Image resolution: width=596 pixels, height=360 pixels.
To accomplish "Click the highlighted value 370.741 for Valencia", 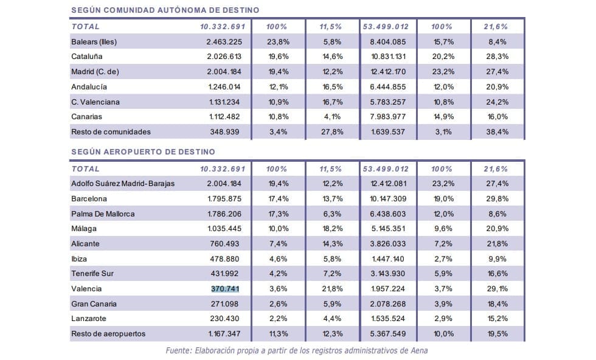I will click(x=225, y=289).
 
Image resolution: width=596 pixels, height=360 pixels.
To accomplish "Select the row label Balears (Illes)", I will click(x=94, y=42).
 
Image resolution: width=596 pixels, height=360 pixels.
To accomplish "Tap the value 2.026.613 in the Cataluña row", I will click(x=225, y=57).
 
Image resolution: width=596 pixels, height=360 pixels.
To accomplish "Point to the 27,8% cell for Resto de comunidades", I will click(x=331, y=131).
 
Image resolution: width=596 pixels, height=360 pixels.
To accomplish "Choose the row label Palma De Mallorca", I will click(x=103, y=214).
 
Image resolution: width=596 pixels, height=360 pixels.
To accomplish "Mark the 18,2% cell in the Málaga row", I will click(x=331, y=229).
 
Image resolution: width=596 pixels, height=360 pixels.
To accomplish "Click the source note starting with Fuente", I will click(x=297, y=351).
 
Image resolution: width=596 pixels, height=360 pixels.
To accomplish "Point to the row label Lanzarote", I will click(x=89, y=319).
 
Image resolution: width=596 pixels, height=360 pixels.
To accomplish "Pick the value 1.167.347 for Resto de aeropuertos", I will click(x=225, y=333).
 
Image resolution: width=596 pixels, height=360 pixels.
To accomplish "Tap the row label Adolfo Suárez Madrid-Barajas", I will click(x=123, y=184).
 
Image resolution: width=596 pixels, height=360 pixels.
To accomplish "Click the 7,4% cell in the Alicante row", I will click(x=279, y=244).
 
